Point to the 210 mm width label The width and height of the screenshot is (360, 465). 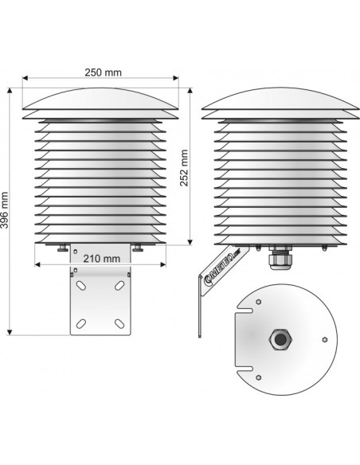[100, 259]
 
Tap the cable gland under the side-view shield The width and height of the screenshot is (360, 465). [280, 258]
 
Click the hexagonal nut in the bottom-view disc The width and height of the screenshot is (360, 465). [280, 338]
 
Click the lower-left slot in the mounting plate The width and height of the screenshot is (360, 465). [79, 322]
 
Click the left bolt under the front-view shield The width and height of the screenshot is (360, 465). [62, 248]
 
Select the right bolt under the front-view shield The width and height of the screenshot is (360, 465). [138, 248]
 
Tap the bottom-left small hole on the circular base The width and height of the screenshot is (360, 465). [259, 374]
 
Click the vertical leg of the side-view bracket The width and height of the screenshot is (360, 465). [202, 307]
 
